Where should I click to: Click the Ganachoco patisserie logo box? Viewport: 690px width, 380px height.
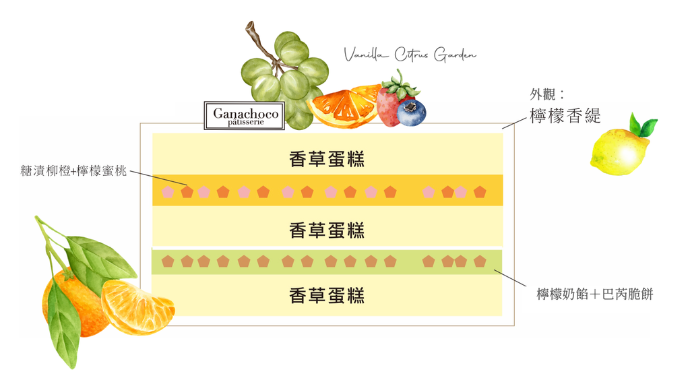pos(245,115)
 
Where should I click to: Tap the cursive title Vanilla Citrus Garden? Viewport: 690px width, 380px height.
pos(410,55)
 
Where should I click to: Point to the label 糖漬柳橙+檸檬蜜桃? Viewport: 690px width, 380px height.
pos(74,171)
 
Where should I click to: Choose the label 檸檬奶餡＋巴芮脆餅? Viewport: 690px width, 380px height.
pos(594,294)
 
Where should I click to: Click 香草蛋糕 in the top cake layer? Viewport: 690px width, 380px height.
pos(327,159)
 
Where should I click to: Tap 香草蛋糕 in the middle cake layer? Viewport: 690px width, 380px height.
pos(327,230)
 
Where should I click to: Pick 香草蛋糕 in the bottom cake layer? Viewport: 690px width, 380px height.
pos(327,294)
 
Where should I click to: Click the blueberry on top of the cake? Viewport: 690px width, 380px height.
pos(411,112)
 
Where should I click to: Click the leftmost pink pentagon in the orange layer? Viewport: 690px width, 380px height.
pos(168,192)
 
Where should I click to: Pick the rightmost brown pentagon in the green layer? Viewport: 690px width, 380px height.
pos(480,261)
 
